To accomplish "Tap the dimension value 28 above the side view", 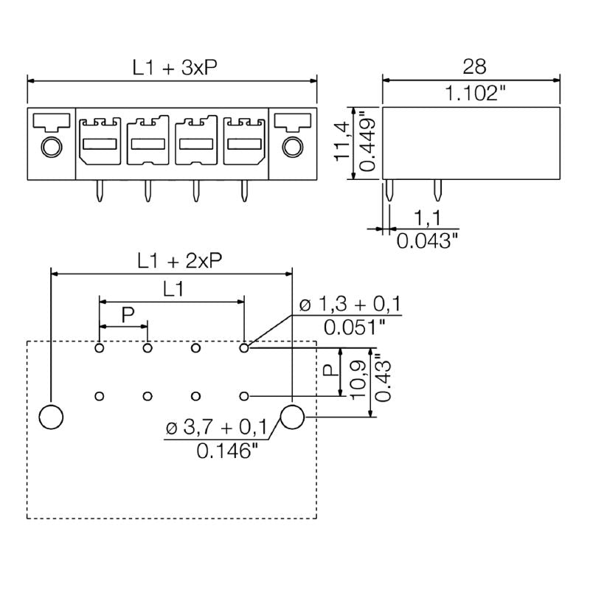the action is pyautogui.click(x=473, y=67).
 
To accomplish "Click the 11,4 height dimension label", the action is pyautogui.click(x=341, y=142).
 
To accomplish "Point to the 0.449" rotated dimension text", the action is pyautogui.click(x=367, y=142).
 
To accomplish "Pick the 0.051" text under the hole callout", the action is pyautogui.click(x=353, y=327).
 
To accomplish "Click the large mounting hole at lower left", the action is pyautogui.click(x=51, y=417).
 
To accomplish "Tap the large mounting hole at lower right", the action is pyautogui.click(x=293, y=417).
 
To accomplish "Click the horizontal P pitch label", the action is pyautogui.click(x=127, y=315).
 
